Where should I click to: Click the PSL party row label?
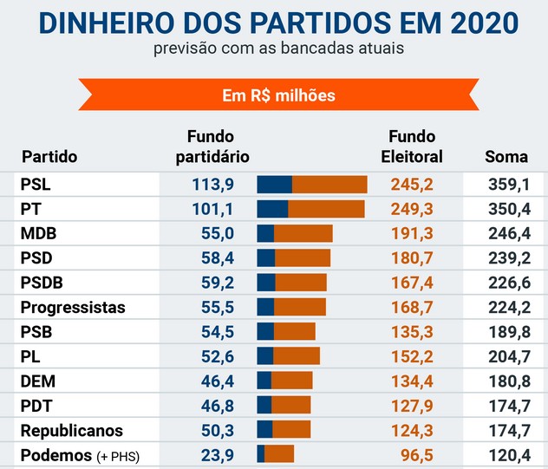click(36, 184)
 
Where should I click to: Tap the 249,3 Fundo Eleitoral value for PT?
click(412, 209)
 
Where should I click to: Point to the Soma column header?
click(506, 157)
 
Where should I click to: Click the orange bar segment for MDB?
click(303, 233)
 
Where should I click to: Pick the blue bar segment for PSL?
click(275, 184)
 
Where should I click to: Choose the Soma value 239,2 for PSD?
click(506, 257)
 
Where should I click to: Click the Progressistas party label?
click(73, 307)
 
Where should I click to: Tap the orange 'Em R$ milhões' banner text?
click(278, 94)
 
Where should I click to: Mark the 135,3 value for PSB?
click(412, 332)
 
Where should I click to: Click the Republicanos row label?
click(72, 431)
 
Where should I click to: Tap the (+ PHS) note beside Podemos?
click(117, 456)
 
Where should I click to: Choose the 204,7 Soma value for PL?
click(506, 356)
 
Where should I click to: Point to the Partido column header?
click(49, 157)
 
